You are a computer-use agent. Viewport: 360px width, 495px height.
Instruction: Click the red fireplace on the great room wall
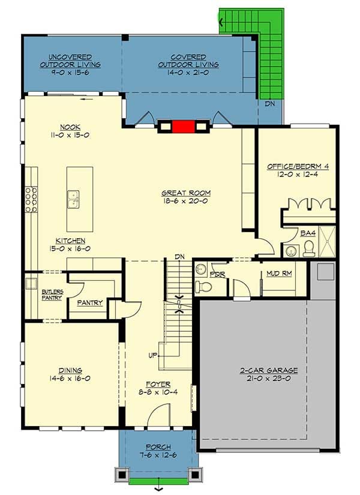[184, 127]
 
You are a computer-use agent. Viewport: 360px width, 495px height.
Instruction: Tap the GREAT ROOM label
[186, 193]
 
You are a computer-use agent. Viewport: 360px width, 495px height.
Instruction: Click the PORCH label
[158, 448]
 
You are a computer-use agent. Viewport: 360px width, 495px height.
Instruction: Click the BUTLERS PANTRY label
[52, 295]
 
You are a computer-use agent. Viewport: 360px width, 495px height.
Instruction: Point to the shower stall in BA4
[327, 241]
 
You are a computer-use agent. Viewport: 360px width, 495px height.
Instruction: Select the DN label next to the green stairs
[270, 104]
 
